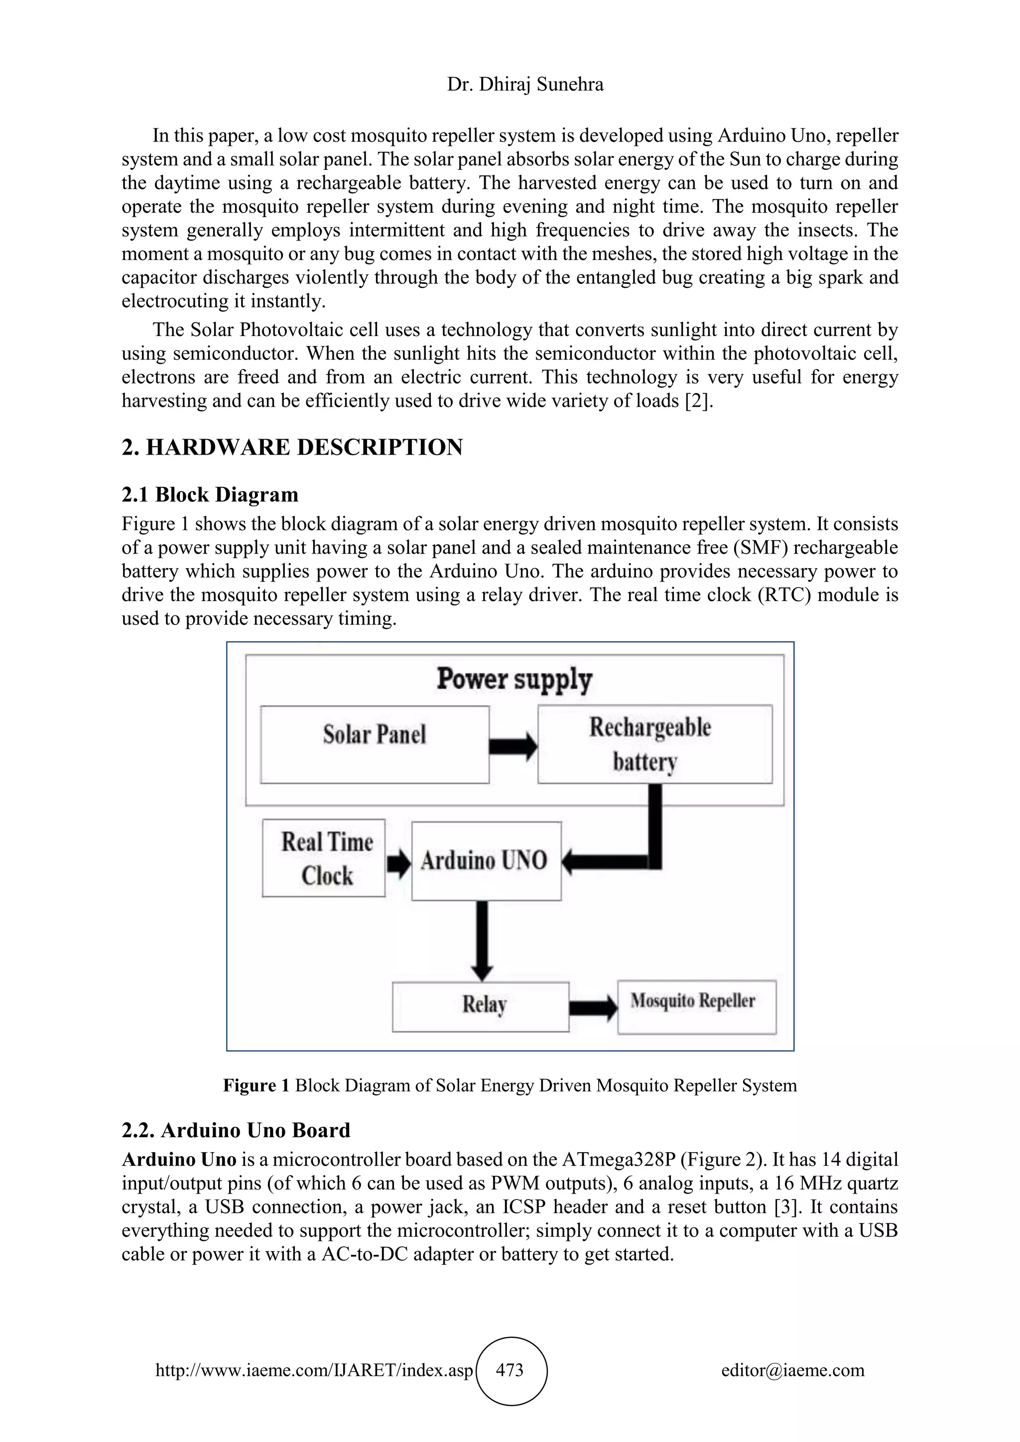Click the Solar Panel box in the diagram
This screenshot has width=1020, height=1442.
[375, 744]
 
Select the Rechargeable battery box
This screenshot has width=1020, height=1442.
[654, 744]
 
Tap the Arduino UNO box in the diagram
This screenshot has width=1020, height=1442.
[486, 860]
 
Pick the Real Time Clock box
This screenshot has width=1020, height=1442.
[323, 858]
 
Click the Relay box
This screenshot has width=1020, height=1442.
[481, 1007]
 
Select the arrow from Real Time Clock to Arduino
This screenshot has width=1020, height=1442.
[398, 863]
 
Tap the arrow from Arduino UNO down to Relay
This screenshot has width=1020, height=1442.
[482, 940]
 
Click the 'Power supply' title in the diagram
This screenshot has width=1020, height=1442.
[514, 680]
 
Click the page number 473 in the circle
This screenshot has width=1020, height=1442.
[510, 1369]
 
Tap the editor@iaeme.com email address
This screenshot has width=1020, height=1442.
[792, 1370]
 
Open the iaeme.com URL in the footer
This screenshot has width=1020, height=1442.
[313, 1370]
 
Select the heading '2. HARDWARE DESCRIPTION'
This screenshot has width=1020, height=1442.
[292, 447]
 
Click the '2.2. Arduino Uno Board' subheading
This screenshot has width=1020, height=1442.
[236, 1130]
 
